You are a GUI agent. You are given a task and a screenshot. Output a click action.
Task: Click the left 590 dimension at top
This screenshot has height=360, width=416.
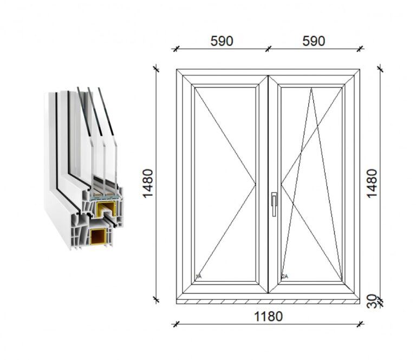[222, 41]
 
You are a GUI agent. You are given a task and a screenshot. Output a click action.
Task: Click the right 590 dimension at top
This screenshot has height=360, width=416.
[314, 41]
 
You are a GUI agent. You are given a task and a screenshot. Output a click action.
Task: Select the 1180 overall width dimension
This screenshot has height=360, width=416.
[268, 316]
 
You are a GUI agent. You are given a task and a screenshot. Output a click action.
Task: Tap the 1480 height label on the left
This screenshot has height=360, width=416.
[148, 183]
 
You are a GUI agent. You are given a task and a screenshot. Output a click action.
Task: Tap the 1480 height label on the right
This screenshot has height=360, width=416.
[372, 183]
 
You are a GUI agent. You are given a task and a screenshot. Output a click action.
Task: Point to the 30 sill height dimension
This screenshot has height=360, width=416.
[372, 302]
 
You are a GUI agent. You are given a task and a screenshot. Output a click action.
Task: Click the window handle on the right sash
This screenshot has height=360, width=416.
[274, 204]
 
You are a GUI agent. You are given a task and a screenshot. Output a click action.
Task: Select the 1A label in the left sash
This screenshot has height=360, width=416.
[198, 277]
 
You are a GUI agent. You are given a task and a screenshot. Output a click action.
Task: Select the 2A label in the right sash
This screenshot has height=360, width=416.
[285, 277]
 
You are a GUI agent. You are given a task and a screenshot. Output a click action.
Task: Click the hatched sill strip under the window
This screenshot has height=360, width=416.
[268, 302]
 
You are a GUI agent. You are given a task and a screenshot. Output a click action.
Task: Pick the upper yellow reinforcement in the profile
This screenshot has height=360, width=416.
[106, 209]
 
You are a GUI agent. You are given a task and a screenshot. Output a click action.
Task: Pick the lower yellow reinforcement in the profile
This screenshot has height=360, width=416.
[99, 237]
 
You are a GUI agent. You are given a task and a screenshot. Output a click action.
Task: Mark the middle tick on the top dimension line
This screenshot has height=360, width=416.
[268, 49]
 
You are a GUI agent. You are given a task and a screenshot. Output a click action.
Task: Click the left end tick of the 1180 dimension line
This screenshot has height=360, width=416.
[175, 324]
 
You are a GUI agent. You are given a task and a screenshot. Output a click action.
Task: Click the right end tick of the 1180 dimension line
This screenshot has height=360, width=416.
[360, 324]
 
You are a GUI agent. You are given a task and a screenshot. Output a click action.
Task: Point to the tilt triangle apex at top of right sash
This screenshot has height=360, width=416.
[311, 88]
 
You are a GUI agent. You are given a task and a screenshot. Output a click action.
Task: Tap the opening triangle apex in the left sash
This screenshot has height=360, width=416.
[255, 184]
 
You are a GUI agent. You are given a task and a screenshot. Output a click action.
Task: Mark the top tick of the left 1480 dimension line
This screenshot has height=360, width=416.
[156, 70]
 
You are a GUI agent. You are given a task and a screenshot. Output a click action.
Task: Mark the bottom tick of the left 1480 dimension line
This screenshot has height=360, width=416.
[156, 300]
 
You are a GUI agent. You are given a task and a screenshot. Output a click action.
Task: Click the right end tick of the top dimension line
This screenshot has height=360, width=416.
[360, 49]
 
